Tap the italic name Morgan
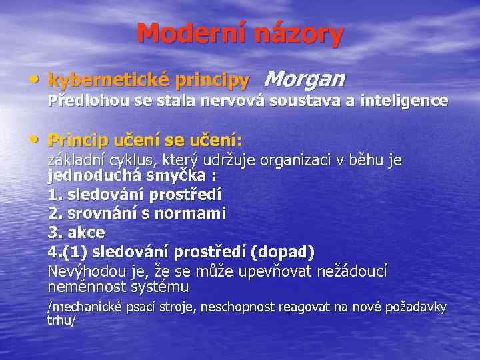point(305,79)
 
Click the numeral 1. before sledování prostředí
point(54,195)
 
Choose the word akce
point(86,233)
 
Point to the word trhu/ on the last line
point(61,320)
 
